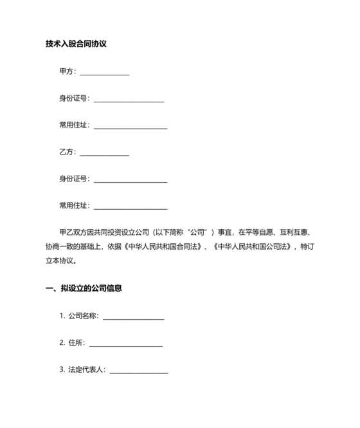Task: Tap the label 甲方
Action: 66,72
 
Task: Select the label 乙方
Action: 66,153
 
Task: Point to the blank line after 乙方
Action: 104,154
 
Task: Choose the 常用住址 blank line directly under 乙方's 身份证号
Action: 130,207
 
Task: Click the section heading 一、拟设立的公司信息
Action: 84,288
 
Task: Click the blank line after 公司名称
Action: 133,317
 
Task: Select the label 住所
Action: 76,343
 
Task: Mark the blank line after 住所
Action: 125,344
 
